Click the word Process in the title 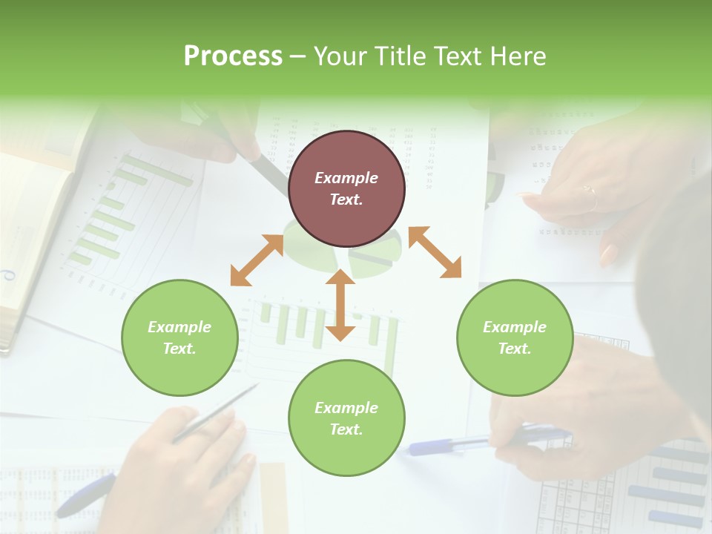coord(233,56)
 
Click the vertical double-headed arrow coord(340,305)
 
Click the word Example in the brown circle coord(346,178)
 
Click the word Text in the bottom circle coord(345,429)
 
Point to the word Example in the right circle coord(515,327)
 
